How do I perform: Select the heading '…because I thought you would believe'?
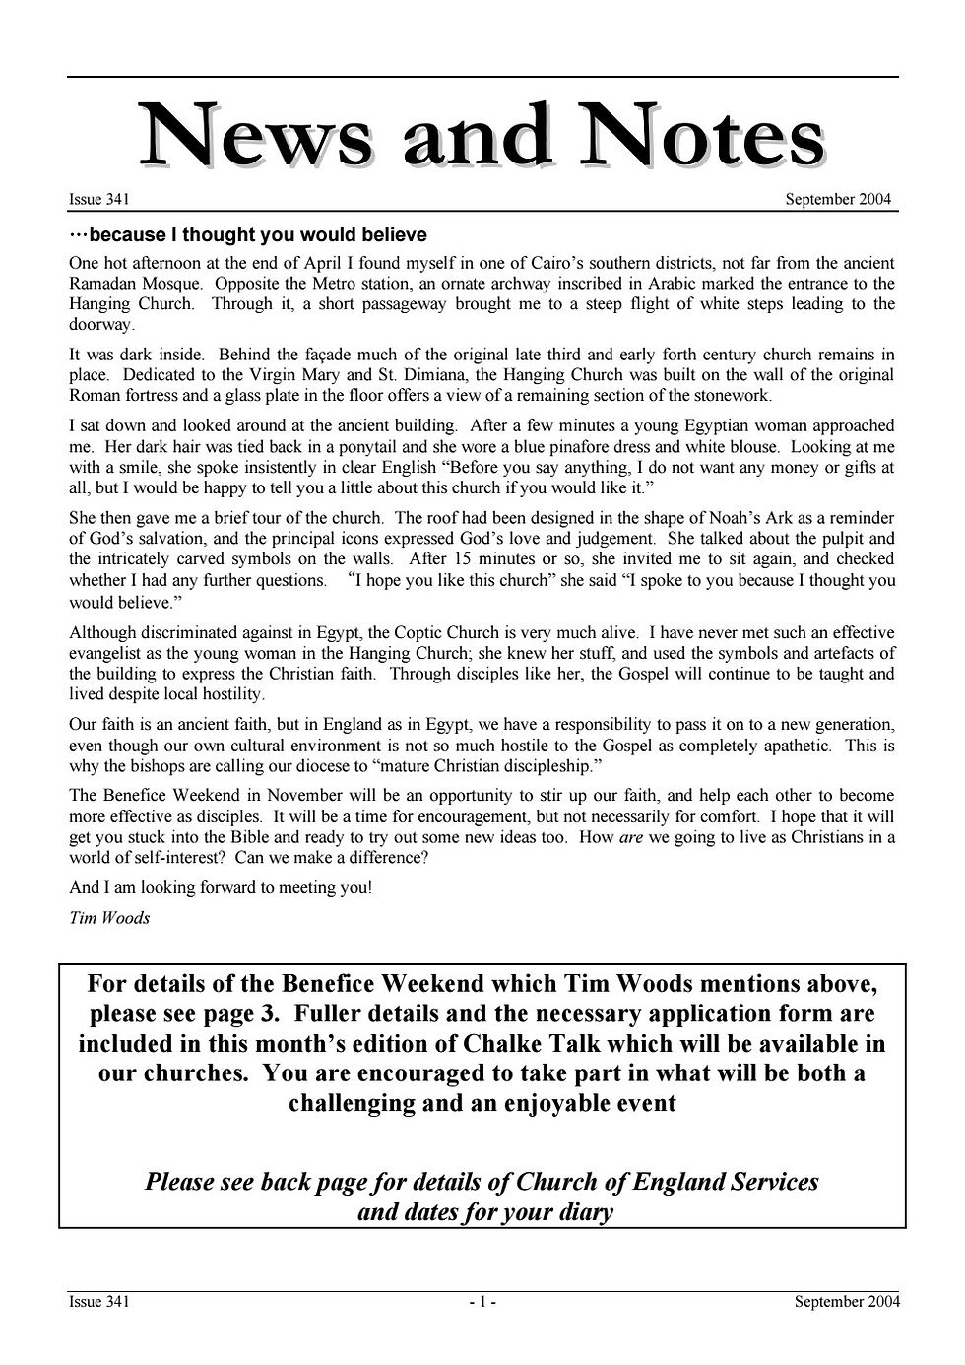[248, 235]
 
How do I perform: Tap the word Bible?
[293, 837]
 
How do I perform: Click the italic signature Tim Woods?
[109, 918]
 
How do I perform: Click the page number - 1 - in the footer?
[482, 1303]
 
